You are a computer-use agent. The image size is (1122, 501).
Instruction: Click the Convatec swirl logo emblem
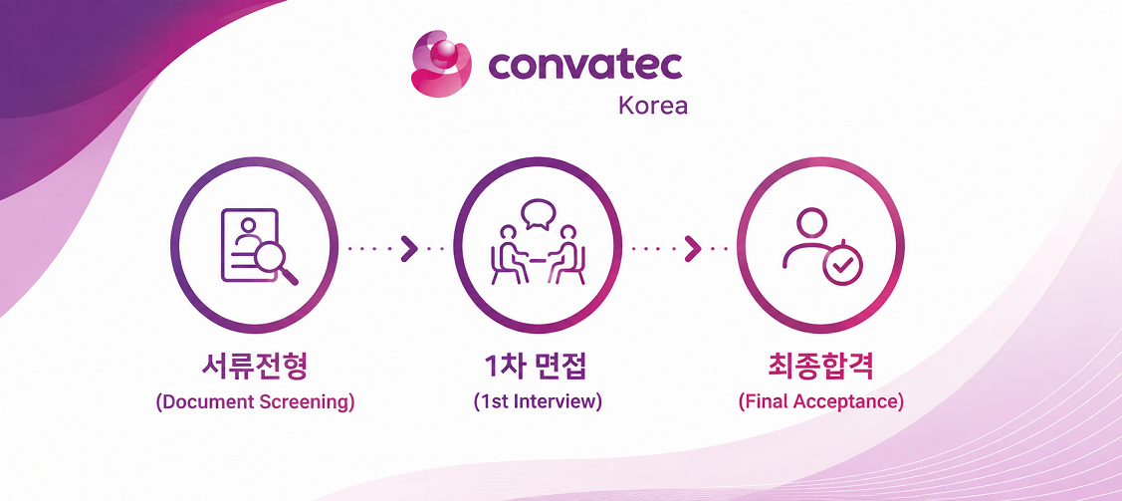point(441,63)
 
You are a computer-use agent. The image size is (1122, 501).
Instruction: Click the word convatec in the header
point(585,65)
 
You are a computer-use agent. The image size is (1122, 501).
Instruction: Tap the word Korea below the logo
point(653,106)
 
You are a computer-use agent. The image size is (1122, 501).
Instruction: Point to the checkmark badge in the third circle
point(843,266)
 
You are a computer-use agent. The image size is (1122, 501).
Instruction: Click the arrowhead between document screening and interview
point(408,248)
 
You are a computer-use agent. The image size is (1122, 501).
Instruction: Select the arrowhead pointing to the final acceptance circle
point(692,248)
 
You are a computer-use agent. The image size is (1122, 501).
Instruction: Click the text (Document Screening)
point(256,401)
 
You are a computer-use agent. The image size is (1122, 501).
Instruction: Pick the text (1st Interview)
point(538,401)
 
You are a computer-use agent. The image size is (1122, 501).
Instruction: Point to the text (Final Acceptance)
point(820,401)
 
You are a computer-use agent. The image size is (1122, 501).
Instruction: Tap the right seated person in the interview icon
point(566,255)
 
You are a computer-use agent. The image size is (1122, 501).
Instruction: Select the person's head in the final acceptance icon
point(810,222)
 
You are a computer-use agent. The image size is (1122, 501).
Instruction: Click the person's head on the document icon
point(248,225)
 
